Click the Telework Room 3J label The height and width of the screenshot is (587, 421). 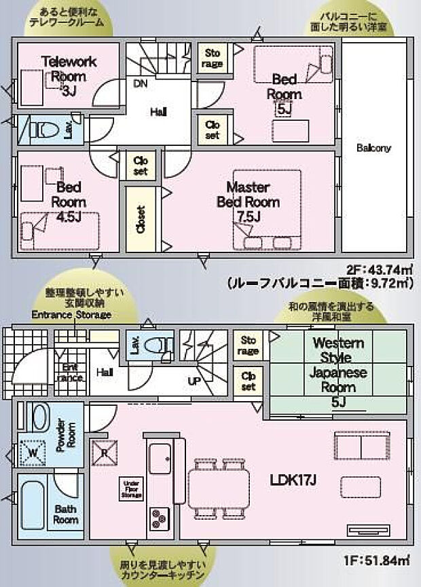[69, 75]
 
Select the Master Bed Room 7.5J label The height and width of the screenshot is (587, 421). [248, 201]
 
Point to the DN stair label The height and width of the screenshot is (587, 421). [140, 84]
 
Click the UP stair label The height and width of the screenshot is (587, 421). [194, 381]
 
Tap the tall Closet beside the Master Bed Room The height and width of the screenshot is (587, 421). [141, 219]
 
